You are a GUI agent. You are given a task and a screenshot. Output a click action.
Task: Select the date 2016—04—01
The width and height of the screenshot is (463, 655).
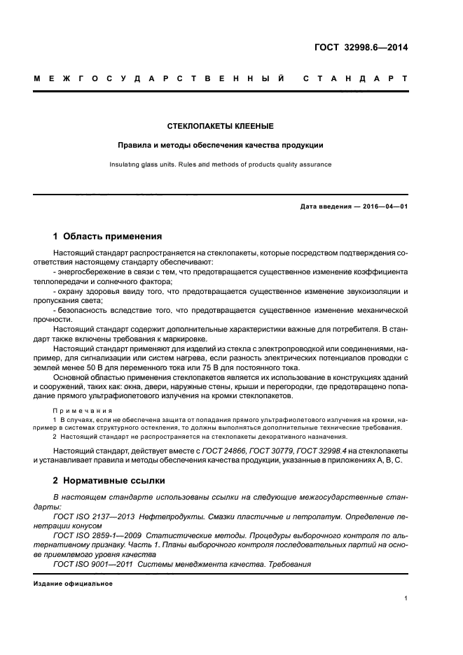tap(385, 207)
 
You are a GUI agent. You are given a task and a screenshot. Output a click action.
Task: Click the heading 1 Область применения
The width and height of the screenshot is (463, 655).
tap(108, 236)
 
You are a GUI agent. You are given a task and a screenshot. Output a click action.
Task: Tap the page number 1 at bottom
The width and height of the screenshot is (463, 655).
tap(406, 598)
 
